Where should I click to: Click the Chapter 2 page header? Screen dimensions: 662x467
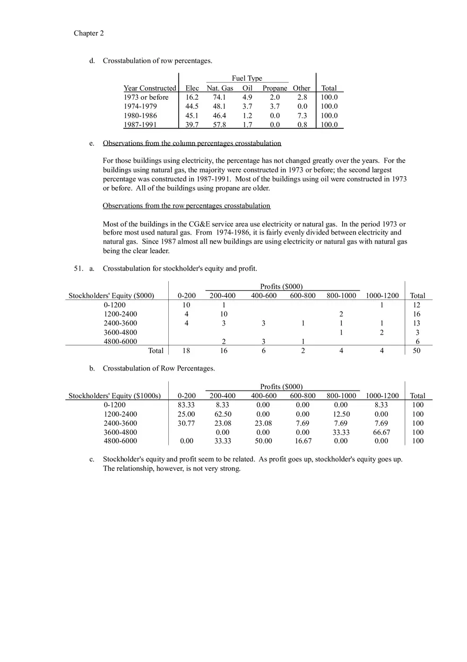click(89, 33)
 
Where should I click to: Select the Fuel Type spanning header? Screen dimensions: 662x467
click(247, 79)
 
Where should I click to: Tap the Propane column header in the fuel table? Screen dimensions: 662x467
click(274, 88)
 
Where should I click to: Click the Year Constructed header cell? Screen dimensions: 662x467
click(150, 88)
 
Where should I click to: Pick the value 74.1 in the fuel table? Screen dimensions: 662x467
click(220, 98)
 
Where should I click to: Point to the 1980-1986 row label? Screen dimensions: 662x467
click(140, 116)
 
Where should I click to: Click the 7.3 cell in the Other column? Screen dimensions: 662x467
click(302, 116)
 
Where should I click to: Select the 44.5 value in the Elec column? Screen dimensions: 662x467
click(192, 107)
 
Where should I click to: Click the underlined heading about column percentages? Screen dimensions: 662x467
click(192, 143)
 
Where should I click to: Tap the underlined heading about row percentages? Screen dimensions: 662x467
click(186, 206)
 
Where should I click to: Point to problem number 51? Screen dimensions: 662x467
click(79, 269)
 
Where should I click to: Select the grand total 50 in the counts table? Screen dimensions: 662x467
click(417, 350)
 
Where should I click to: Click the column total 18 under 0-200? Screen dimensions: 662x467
click(186, 350)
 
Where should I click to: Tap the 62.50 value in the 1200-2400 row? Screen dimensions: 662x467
click(222, 414)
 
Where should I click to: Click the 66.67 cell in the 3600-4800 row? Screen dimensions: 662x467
click(382, 433)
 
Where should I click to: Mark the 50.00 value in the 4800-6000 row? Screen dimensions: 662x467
click(263, 441)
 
